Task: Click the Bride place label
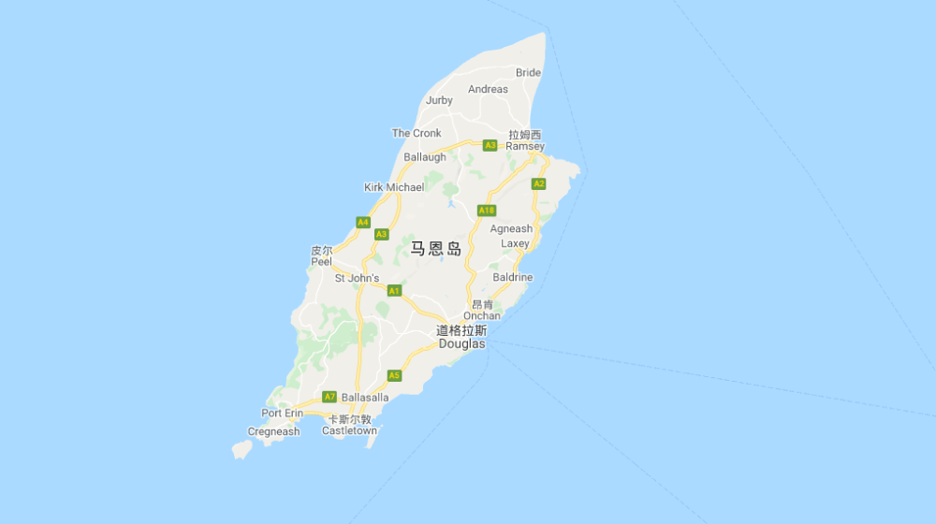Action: pyautogui.click(x=528, y=73)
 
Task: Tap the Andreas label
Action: pyautogui.click(x=488, y=90)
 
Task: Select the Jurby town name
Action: pyautogui.click(x=439, y=100)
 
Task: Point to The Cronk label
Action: pyautogui.click(x=417, y=133)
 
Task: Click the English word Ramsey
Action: pyautogui.click(x=525, y=147)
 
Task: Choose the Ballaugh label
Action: pyautogui.click(x=425, y=157)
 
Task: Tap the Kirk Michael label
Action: pyautogui.click(x=393, y=187)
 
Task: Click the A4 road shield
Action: pyautogui.click(x=363, y=222)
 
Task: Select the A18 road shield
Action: pyautogui.click(x=486, y=211)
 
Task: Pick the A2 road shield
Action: pyautogui.click(x=538, y=183)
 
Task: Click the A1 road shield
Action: pyautogui.click(x=394, y=291)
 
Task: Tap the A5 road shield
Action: pyautogui.click(x=394, y=375)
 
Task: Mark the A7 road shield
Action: pyautogui.click(x=329, y=397)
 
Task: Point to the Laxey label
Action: pyautogui.click(x=515, y=243)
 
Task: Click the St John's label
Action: pyautogui.click(x=357, y=278)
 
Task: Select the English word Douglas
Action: pyautogui.click(x=462, y=344)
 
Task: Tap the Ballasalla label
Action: pyautogui.click(x=365, y=398)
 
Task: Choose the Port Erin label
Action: pyautogui.click(x=282, y=414)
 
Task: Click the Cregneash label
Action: pyautogui.click(x=273, y=431)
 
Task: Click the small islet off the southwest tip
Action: pyautogui.click(x=241, y=450)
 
